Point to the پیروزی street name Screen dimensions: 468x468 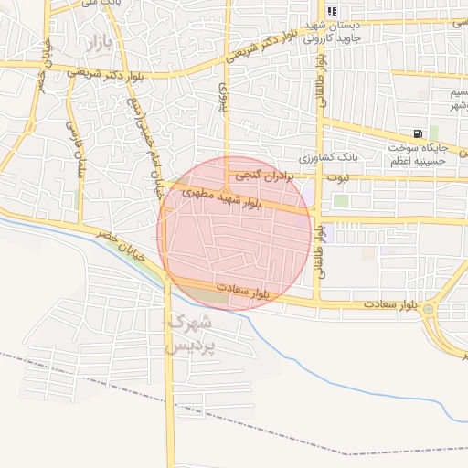tap(221, 91)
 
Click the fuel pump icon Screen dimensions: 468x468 tap(418, 133)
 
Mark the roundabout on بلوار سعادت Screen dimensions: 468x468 tap(429, 310)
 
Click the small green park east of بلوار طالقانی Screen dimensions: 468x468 tap(341, 201)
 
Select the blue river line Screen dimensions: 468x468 tap(366, 384)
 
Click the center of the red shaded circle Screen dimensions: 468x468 tap(236, 233)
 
